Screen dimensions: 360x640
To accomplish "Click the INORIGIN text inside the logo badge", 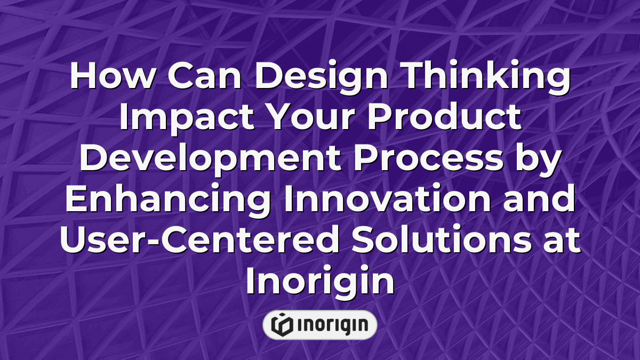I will tap(331, 325).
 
